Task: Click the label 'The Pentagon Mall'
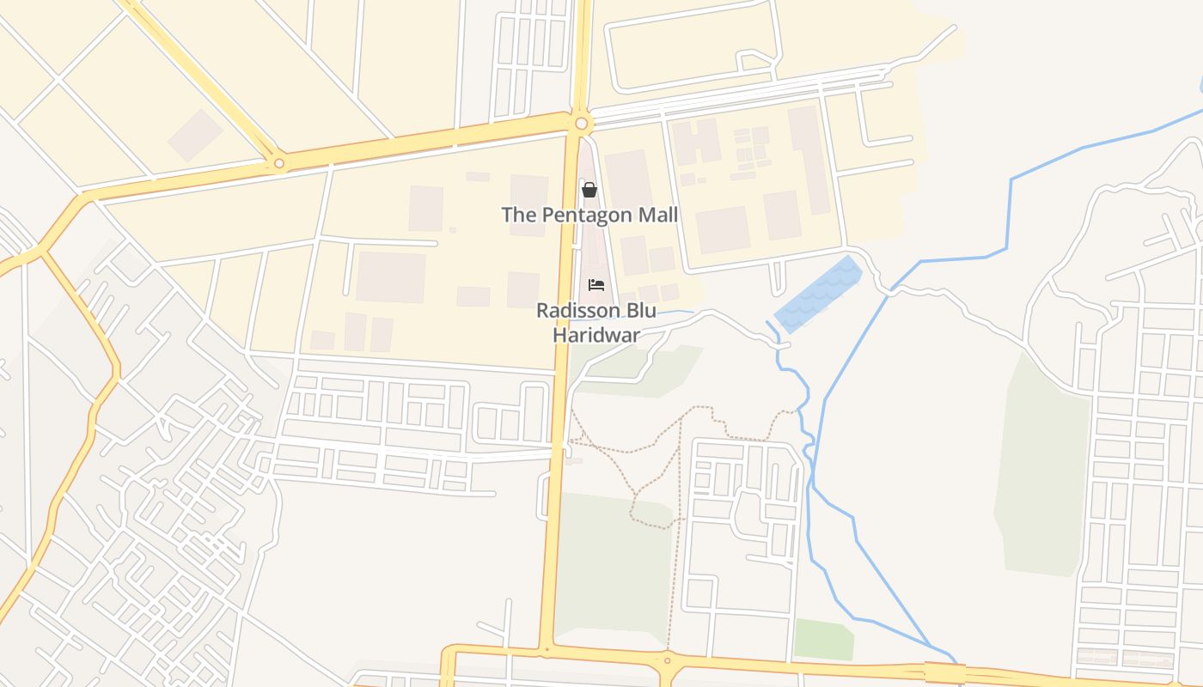pyautogui.click(x=589, y=215)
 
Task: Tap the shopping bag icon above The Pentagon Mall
pyautogui.click(x=589, y=190)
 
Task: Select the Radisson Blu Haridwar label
pyautogui.click(x=596, y=322)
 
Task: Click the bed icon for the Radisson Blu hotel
pyautogui.click(x=596, y=285)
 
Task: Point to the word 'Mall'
pyautogui.click(x=656, y=215)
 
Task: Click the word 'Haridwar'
pyautogui.click(x=596, y=334)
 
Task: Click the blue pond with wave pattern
pyautogui.click(x=818, y=294)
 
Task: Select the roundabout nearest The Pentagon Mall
pyautogui.click(x=582, y=125)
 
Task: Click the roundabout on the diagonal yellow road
pyautogui.click(x=278, y=163)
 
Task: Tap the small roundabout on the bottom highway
pyautogui.click(x=667, y=660)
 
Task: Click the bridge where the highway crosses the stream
pyautogui.click(x=944, y=672)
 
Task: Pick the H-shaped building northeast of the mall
pyautogui.click(x=696, y=142)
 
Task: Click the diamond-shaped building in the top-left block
pyautogui.click(x=195, y=135)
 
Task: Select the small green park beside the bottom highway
pyautogui.click(x=822, y=640)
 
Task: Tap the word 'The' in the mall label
pyautogui.click(x=518, y=215)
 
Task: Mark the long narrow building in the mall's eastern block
pyautogui.click(x=809, y=160)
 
